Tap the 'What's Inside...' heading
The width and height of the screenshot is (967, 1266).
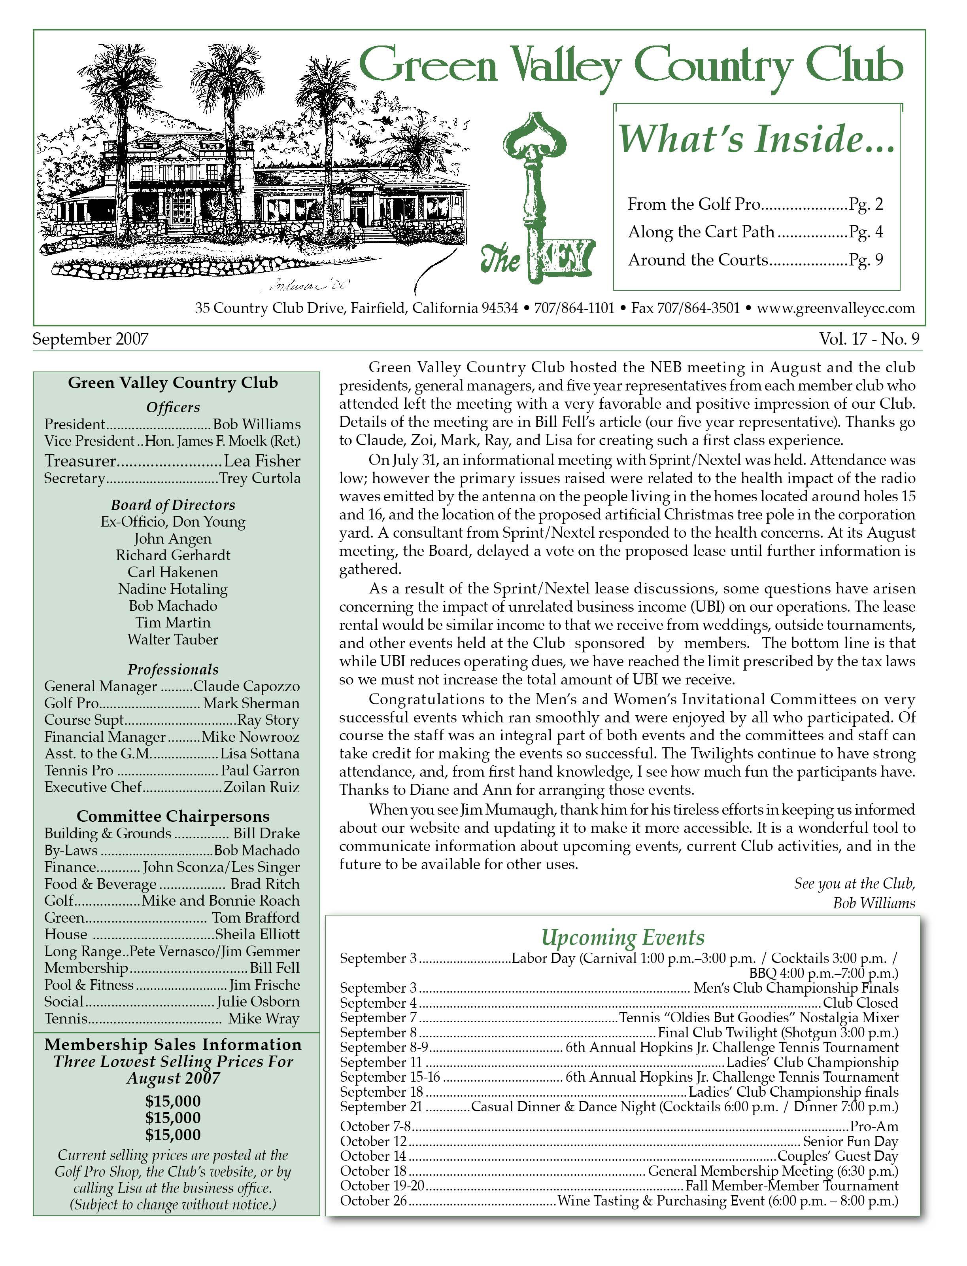click(x=756, y=139)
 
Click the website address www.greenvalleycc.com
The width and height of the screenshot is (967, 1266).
click(x=836, y=308)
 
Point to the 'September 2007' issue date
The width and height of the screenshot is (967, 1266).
click(x=91, y=339)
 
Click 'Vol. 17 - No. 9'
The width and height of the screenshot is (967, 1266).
click(x=869, y=339)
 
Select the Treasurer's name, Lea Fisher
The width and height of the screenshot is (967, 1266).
click(x=262, y=461)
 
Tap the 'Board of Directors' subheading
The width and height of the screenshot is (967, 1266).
click(x=173, y=505)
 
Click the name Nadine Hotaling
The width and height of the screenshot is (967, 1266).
click(x=173, y=589)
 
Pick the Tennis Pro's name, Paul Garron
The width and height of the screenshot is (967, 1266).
click(x=260, y=771)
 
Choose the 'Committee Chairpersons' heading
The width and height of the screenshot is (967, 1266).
click(x=173, y=816)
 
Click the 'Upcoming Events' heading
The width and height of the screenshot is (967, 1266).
click(x=623, y=937)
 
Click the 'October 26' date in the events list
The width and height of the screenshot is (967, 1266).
click(x=373, y=1201)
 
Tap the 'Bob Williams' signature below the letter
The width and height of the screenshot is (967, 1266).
click(x=874, y=903)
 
